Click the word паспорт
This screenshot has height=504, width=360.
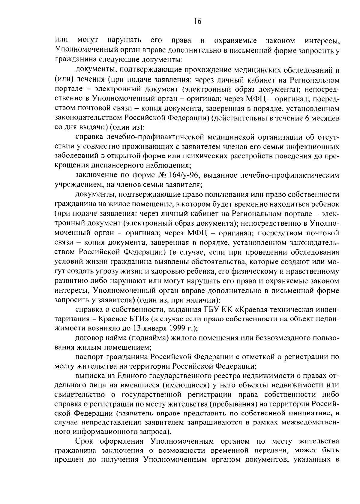point(90,357)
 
